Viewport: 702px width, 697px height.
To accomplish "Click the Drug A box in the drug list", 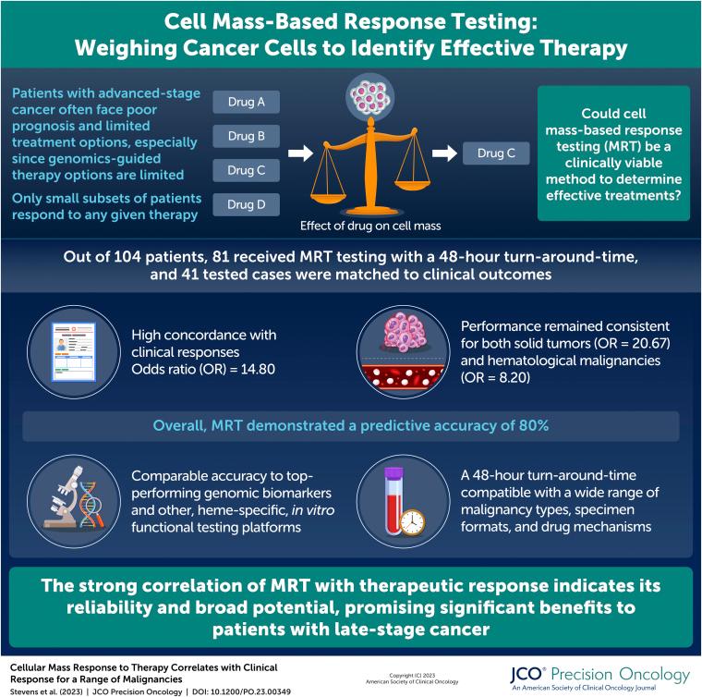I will [x=246, y=102].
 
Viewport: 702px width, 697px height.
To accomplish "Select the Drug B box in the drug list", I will [x=246, y=136].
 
